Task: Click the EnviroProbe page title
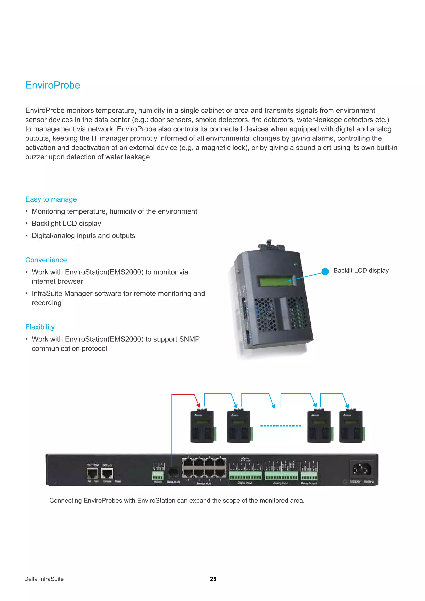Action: (x=53, y=85)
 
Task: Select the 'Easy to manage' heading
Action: (x=51, y=199)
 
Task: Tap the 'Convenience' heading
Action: (x=46, y=260)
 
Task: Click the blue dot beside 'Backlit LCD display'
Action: (x=325, y=271)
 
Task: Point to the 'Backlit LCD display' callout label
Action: (x=361, y=270)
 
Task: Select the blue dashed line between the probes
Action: (x=280, y=426)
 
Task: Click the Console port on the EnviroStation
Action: (x=107, y=473)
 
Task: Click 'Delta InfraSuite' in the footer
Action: (x=44, y=579)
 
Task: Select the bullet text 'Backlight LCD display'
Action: (x=66, y=224)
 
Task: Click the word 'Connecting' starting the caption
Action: (x=65, y=501)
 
